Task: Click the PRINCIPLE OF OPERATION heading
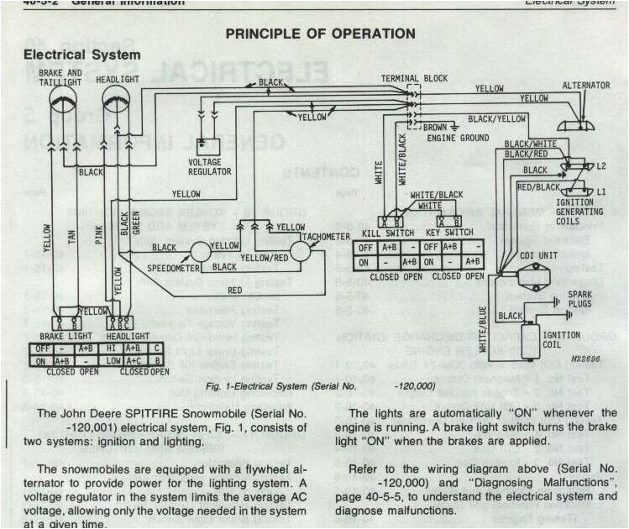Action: (x=320, y=34)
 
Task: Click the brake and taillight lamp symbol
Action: (x=64, y=107)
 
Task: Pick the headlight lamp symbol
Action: (x=118, y=107)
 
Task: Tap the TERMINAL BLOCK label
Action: (x=414, y=78)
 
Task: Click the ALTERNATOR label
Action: (x=585, y=86)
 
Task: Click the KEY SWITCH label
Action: (x=449, y=232)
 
